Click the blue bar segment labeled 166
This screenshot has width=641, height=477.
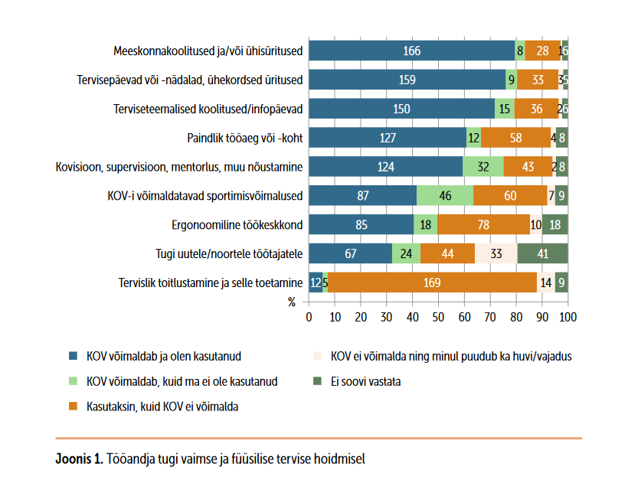[411, 51]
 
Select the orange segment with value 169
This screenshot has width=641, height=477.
[432, 282]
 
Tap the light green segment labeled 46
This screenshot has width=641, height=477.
[444, 195]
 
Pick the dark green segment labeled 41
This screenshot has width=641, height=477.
[542, 253]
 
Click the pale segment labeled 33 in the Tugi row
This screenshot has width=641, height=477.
[495, 253]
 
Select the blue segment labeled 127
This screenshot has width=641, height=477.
[388, 138]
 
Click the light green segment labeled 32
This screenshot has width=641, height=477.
[482, 167]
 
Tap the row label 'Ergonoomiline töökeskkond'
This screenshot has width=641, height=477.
[237, 225]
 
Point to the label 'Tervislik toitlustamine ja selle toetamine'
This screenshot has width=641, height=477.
[210, 283]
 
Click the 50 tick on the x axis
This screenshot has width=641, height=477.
[438, 316]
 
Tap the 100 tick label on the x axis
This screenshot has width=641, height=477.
[567, 316]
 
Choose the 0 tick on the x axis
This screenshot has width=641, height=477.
[309, 316]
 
